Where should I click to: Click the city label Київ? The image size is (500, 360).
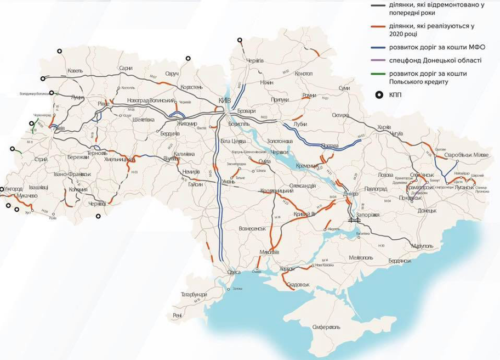click(225, 102)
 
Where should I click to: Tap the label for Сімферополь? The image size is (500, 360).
click(326, 327)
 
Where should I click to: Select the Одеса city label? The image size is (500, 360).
click(234, 273)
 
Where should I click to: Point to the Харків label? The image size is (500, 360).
click(384, 127)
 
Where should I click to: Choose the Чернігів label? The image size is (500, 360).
click(255, 60)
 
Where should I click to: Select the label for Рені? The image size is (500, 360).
click(177, 315)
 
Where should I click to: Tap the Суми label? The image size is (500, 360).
click(344, 88)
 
